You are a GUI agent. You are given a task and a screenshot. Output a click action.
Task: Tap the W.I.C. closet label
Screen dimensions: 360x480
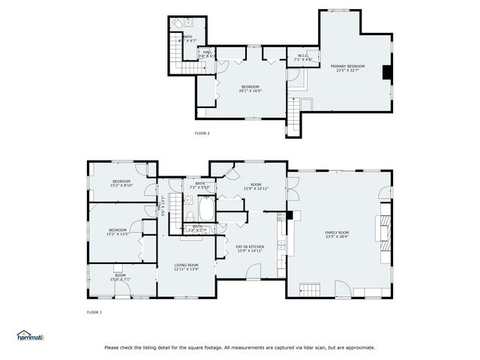pos(303,55)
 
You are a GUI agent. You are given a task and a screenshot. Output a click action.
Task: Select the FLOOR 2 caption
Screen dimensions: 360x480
pos(202,133)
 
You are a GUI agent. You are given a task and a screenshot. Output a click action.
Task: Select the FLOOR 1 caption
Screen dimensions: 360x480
pos(94,311)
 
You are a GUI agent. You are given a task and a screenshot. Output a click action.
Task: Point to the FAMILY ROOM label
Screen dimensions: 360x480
pos(337,232)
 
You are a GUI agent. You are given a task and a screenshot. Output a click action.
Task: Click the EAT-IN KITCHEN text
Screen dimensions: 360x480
pos(250,247)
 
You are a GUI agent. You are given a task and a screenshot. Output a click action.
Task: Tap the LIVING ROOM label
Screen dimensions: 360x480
pos(186,265)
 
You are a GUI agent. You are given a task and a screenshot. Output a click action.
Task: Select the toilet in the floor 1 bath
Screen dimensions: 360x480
pos(187,202)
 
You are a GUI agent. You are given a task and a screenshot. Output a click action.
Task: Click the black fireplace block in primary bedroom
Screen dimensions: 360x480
pos(386,72)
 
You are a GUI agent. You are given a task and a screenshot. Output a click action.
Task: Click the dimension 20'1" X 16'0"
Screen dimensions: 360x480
pos(250,91)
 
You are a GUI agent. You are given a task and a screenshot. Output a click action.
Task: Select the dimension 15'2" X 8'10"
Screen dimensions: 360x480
pos(121,185)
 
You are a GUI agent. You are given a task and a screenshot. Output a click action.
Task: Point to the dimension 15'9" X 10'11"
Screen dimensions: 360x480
pos(255,188)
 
